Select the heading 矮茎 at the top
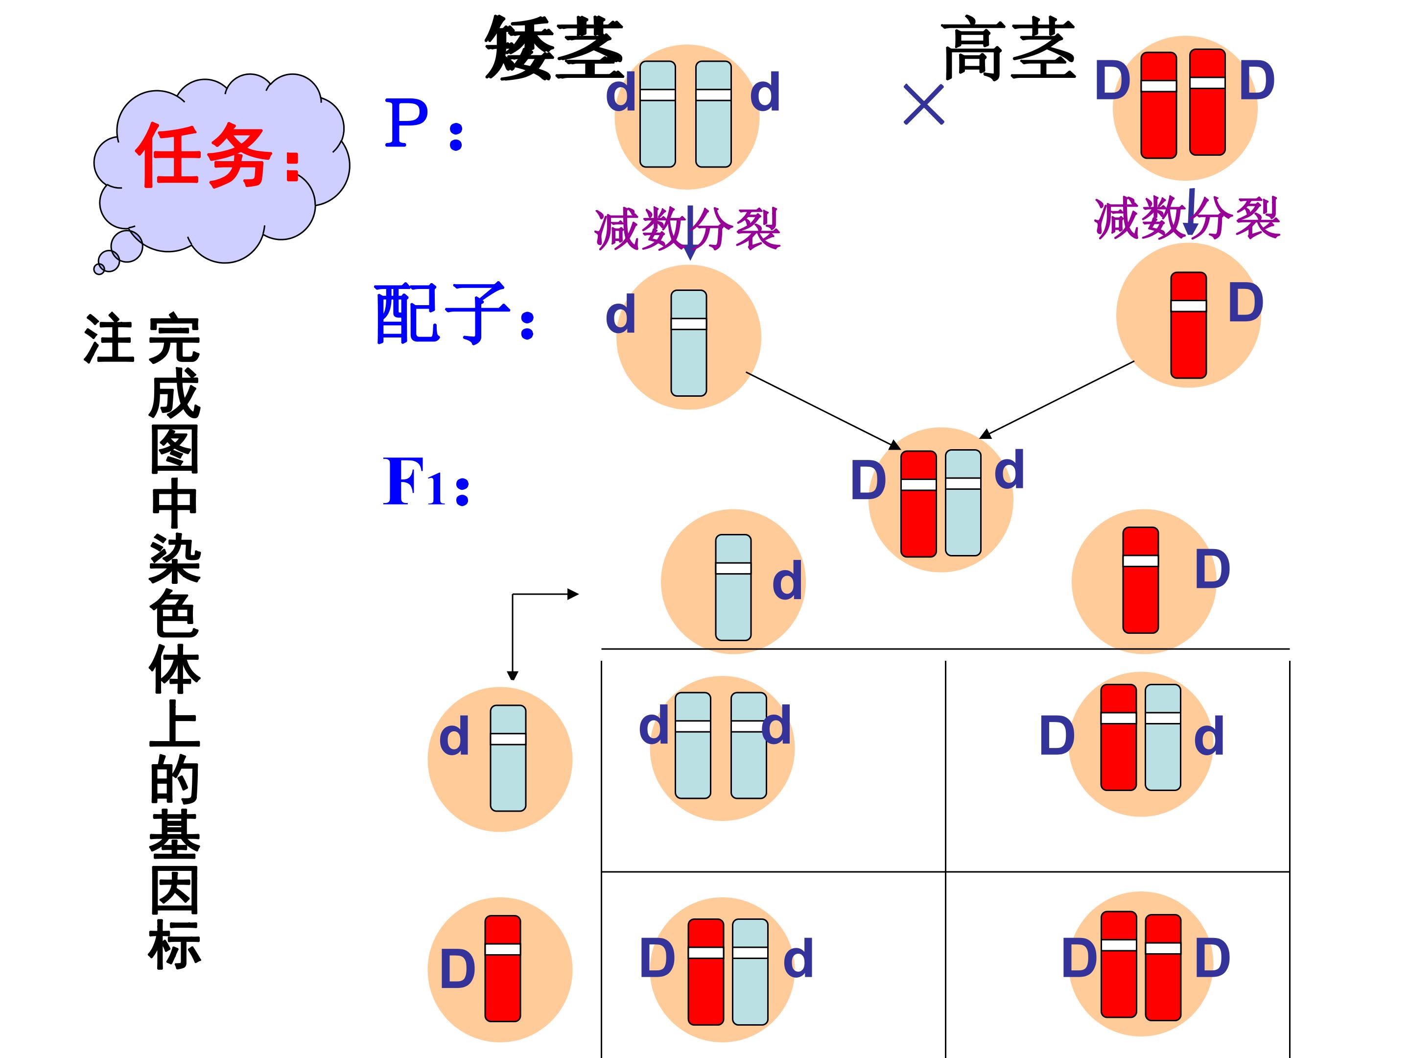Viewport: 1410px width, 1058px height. [553, 48]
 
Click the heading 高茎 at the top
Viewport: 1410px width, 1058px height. [1009, 48]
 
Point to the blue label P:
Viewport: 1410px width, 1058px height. [423, 124]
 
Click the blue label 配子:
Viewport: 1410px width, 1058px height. [454, 314]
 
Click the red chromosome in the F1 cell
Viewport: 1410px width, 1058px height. [918, 504]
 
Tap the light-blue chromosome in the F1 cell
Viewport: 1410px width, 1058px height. [963, 503]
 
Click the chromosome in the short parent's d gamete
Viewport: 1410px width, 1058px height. [689, 343]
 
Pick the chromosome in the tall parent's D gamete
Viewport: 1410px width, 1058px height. [1189, 325]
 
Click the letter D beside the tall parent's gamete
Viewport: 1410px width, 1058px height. [1246, 303]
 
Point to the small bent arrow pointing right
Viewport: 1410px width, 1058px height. [545, 594]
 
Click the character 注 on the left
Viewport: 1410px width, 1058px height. [109, 338]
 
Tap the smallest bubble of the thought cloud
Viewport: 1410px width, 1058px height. [99, 269]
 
